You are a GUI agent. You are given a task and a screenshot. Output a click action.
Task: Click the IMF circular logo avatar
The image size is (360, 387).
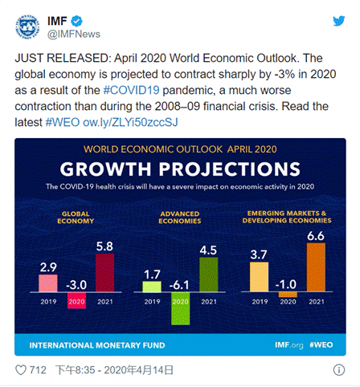[x=27, y=27]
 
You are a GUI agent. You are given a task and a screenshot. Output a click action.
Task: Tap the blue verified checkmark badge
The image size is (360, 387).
[x=76, y=21]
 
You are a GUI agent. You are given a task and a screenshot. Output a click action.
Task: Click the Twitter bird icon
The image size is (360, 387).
[x=339, y=21]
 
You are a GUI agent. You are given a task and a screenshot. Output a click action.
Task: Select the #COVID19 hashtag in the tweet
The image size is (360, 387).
[x=132, y=90]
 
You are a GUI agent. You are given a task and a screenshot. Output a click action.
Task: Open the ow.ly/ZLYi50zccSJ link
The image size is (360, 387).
[x=130, y=122]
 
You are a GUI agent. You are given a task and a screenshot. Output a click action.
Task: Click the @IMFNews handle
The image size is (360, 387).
[x=74, y=35]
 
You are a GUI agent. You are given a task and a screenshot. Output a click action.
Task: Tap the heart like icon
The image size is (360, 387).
[x=21, y=370]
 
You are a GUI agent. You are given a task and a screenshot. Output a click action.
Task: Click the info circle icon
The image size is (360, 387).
[x=339, y=370]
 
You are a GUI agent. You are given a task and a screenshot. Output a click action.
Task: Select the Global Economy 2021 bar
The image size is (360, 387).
[x=104, y=273]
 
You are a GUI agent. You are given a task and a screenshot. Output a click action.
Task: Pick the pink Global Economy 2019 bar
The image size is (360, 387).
[x=48, y=283]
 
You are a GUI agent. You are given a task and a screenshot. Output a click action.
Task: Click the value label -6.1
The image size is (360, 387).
[x=179, y=285]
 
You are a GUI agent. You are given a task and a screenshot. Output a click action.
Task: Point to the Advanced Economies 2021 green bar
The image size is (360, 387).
[x=209, y=275]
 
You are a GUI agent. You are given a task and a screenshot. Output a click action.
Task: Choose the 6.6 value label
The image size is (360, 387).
[x=316, y=236]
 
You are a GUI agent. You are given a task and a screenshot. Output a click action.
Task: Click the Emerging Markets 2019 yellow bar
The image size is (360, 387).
[x=259, y=277]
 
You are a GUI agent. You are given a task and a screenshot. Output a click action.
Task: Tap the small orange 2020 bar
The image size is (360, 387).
[x=288, y=294]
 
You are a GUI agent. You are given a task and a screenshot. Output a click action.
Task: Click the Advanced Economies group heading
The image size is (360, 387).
[x=180, y=218]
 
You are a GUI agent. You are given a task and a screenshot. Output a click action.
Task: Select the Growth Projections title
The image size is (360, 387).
[x=180, y=169]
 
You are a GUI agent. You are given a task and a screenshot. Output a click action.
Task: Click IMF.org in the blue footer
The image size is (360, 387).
[x=289, y=345]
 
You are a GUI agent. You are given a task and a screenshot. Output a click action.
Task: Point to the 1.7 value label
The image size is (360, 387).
[x=152, y=275]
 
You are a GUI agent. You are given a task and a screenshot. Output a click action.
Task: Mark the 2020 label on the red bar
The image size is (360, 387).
[x=76, y=302]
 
